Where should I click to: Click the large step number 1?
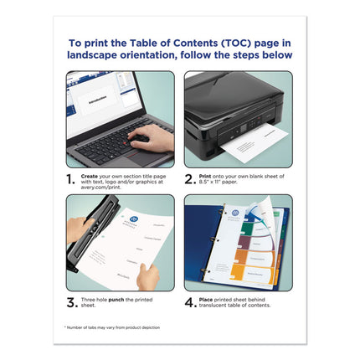[x=71, y=178]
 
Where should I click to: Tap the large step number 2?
[x=189, y=178]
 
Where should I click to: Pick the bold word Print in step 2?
[x=209, y=175]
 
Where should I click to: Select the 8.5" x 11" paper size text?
[x=213, y=182]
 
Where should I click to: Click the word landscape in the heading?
[x=98, y=55]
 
